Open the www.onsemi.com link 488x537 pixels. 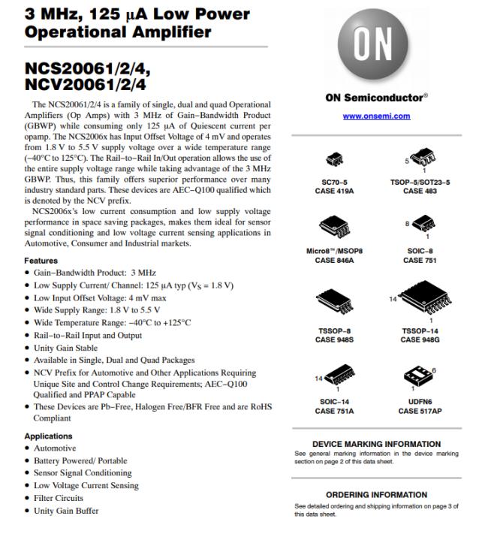point(376,116)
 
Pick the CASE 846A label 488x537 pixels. point(334,260)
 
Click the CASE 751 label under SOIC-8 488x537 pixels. point(419,260)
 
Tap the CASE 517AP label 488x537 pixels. point(420,411)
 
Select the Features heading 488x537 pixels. point(41,261)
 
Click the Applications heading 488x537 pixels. point(49,436)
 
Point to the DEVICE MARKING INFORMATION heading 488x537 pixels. point(376,444)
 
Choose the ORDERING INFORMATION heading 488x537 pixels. point(376,495)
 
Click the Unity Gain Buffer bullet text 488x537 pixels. point(66,511)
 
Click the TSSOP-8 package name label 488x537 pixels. point(334,330)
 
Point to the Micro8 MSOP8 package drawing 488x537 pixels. point(334,225)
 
